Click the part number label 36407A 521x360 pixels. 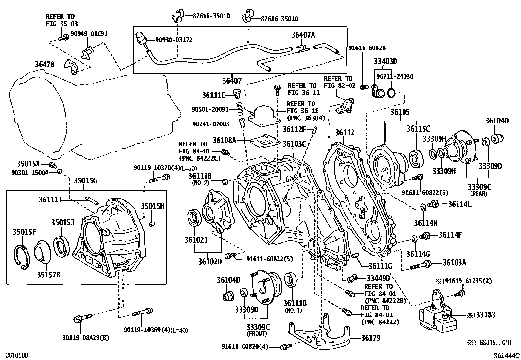(303, 35)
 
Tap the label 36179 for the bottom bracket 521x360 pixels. (370, 338)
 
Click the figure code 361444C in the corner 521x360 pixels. (507, 355)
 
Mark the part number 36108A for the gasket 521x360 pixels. (224, 141)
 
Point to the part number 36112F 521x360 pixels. (295, 129)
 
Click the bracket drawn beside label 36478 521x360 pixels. (71, 66)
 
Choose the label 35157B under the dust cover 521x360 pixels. (48, 275)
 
